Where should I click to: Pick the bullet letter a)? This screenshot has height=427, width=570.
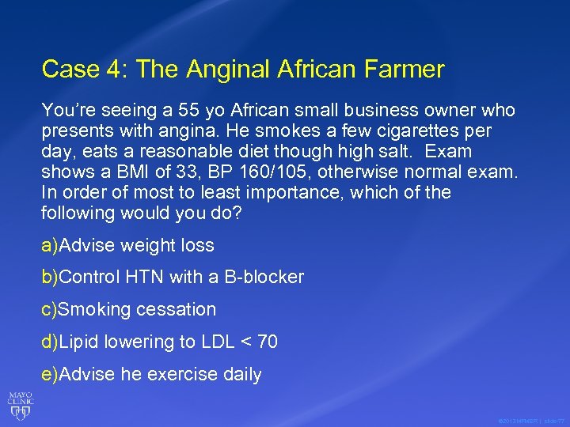(x=49, y=245)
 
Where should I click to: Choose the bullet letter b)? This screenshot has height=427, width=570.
(x=49, y=278)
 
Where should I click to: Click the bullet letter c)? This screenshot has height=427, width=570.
(x=49, y=309)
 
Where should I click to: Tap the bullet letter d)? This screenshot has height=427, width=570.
(x=49, y=342)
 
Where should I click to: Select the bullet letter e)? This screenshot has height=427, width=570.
(x=49, y=374)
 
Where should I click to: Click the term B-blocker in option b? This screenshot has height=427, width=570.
(x=263, y=278)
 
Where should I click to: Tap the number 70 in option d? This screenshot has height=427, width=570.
(x=268, y=342)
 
